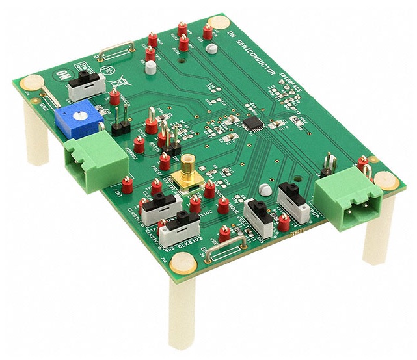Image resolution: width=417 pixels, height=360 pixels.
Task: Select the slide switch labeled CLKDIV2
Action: point(178,229)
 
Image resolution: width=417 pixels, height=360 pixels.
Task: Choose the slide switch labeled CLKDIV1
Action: point(161,208)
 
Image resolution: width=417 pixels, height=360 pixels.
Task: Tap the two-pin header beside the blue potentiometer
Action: point(117,125)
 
